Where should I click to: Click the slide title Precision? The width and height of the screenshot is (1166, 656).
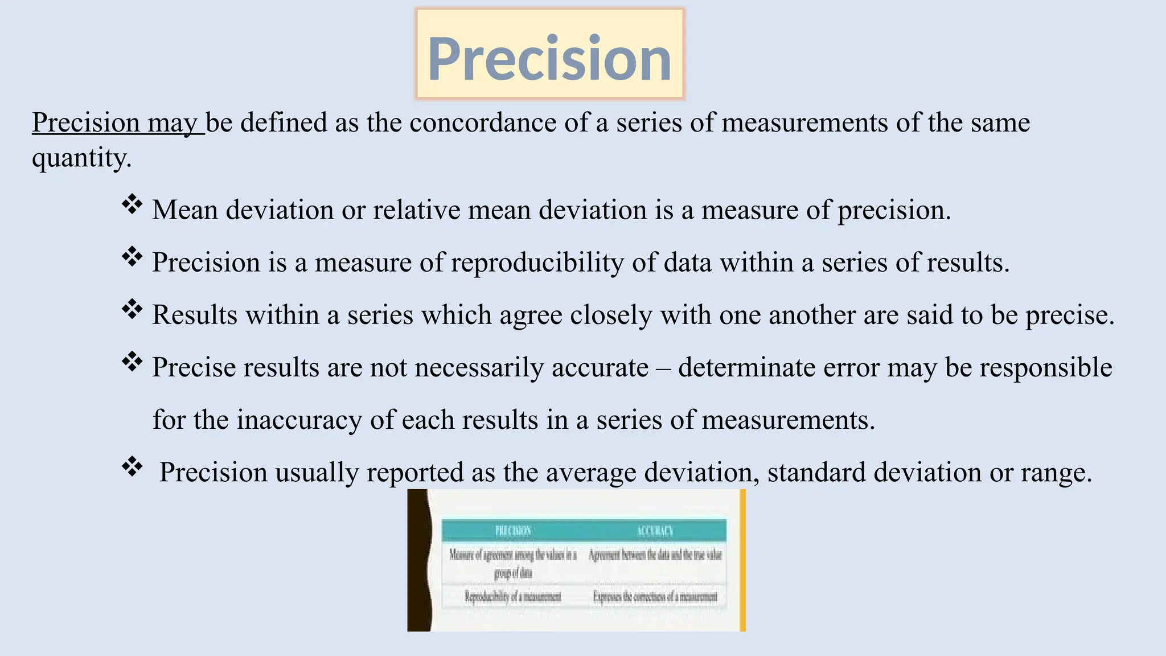pos(549,58)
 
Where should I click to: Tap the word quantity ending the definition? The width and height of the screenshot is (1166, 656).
pos(81,158)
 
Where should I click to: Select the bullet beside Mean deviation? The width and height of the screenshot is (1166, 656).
pos(132,205)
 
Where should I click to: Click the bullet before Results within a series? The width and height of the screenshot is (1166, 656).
pos(132,310)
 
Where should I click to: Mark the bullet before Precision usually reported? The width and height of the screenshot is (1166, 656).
pos(132,467)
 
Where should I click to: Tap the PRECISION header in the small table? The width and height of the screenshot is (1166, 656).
pos(513,531)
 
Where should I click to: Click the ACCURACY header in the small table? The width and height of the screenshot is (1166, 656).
pos(655,531)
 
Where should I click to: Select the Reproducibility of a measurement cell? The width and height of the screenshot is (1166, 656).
pos(512,597)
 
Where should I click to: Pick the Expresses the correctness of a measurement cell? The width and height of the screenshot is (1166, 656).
pos(655,597)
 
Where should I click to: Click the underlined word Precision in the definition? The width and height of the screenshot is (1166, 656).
pos(86,123)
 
